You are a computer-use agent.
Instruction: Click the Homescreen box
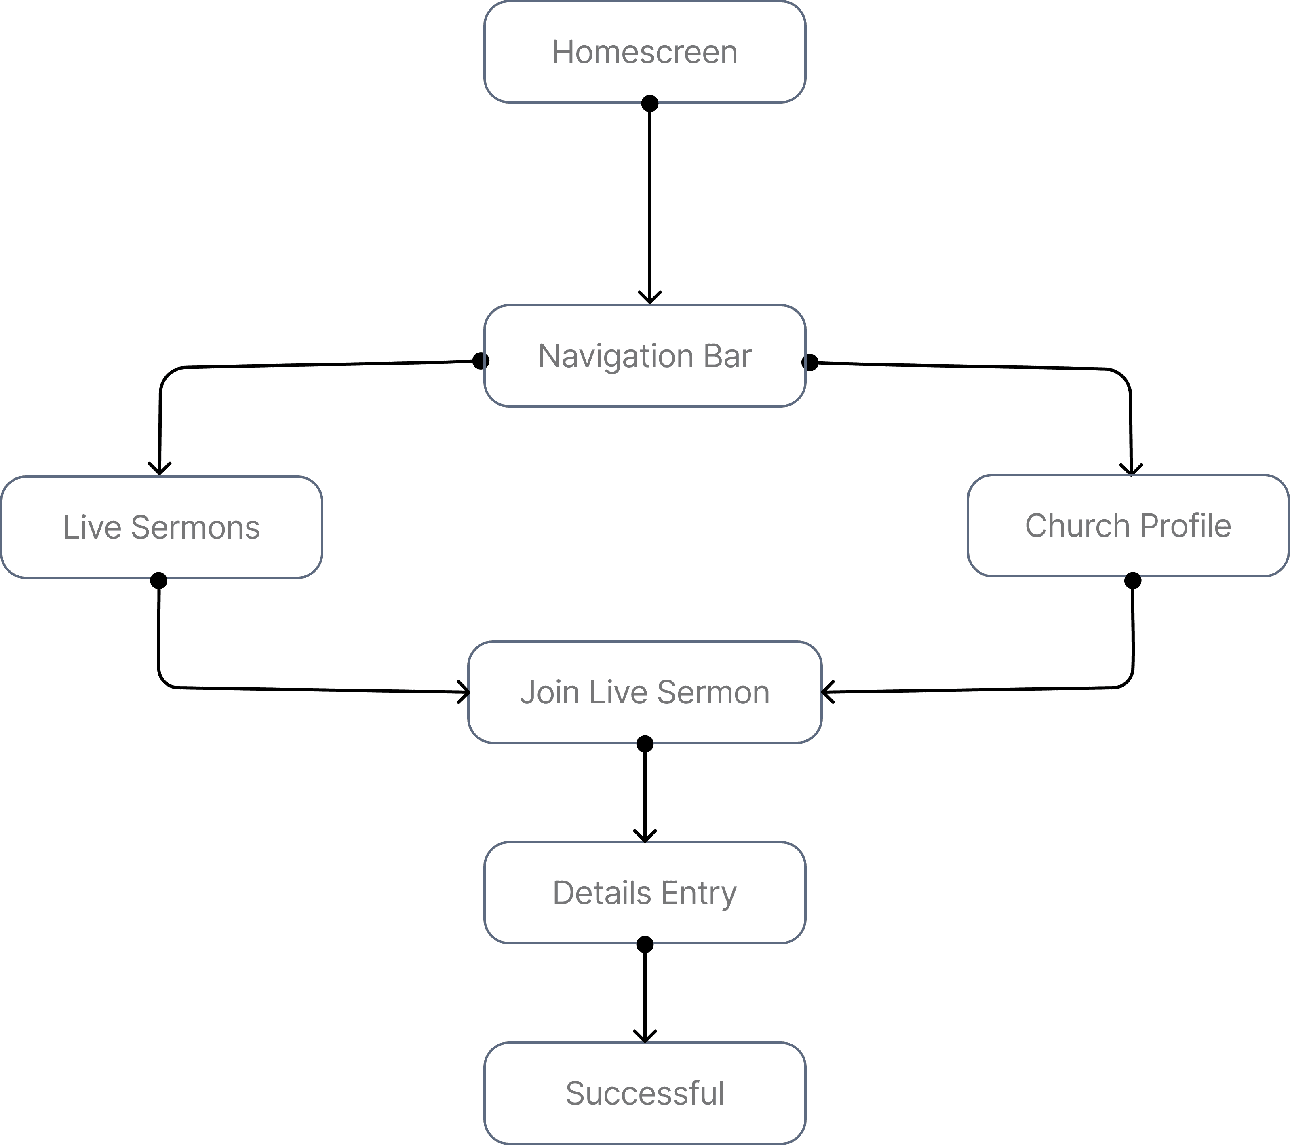(x=644, y=52)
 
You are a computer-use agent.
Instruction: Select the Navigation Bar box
(x=644, y=355)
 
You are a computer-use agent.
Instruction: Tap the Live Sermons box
(x=162, y=527)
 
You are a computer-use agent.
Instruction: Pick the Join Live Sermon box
(x=644, y=692)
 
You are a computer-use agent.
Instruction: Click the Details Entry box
(x=644, y=892)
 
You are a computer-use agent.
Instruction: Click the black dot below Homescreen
(x=649, y=103)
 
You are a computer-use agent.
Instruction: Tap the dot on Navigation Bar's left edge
(x=481, y=361)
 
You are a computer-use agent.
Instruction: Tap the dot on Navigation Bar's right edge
(x=810, y=363)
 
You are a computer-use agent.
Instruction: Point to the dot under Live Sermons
(x=158, y=581)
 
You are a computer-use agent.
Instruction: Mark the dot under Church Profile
(x=1133, y=581)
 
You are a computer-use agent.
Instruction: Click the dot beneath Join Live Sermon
(x=644, y=744)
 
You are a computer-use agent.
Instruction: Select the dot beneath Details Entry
(x=644, y=944)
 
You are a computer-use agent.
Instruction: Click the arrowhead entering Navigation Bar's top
(x=649, y=298)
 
